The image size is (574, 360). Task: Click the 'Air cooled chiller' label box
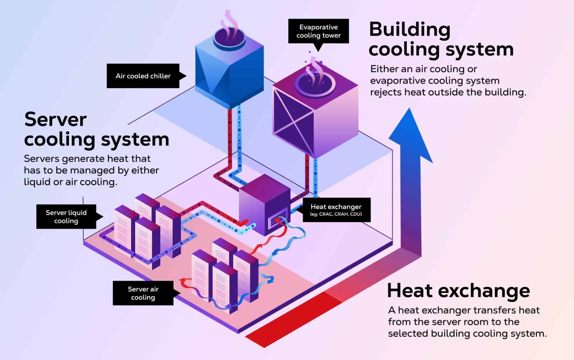pos(143,76)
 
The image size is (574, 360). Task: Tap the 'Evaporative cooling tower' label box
pos(318,31)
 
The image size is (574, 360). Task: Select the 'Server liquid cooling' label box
pos(66,217)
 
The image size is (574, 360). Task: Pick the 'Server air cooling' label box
pos(143,293)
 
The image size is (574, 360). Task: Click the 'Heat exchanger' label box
pos(336,210)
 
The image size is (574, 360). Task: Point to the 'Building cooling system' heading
pos(441,39)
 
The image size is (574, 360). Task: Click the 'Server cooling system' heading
pos(96,129)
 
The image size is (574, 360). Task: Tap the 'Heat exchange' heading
pos(458,290)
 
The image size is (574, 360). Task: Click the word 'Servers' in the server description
pos(39,158)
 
